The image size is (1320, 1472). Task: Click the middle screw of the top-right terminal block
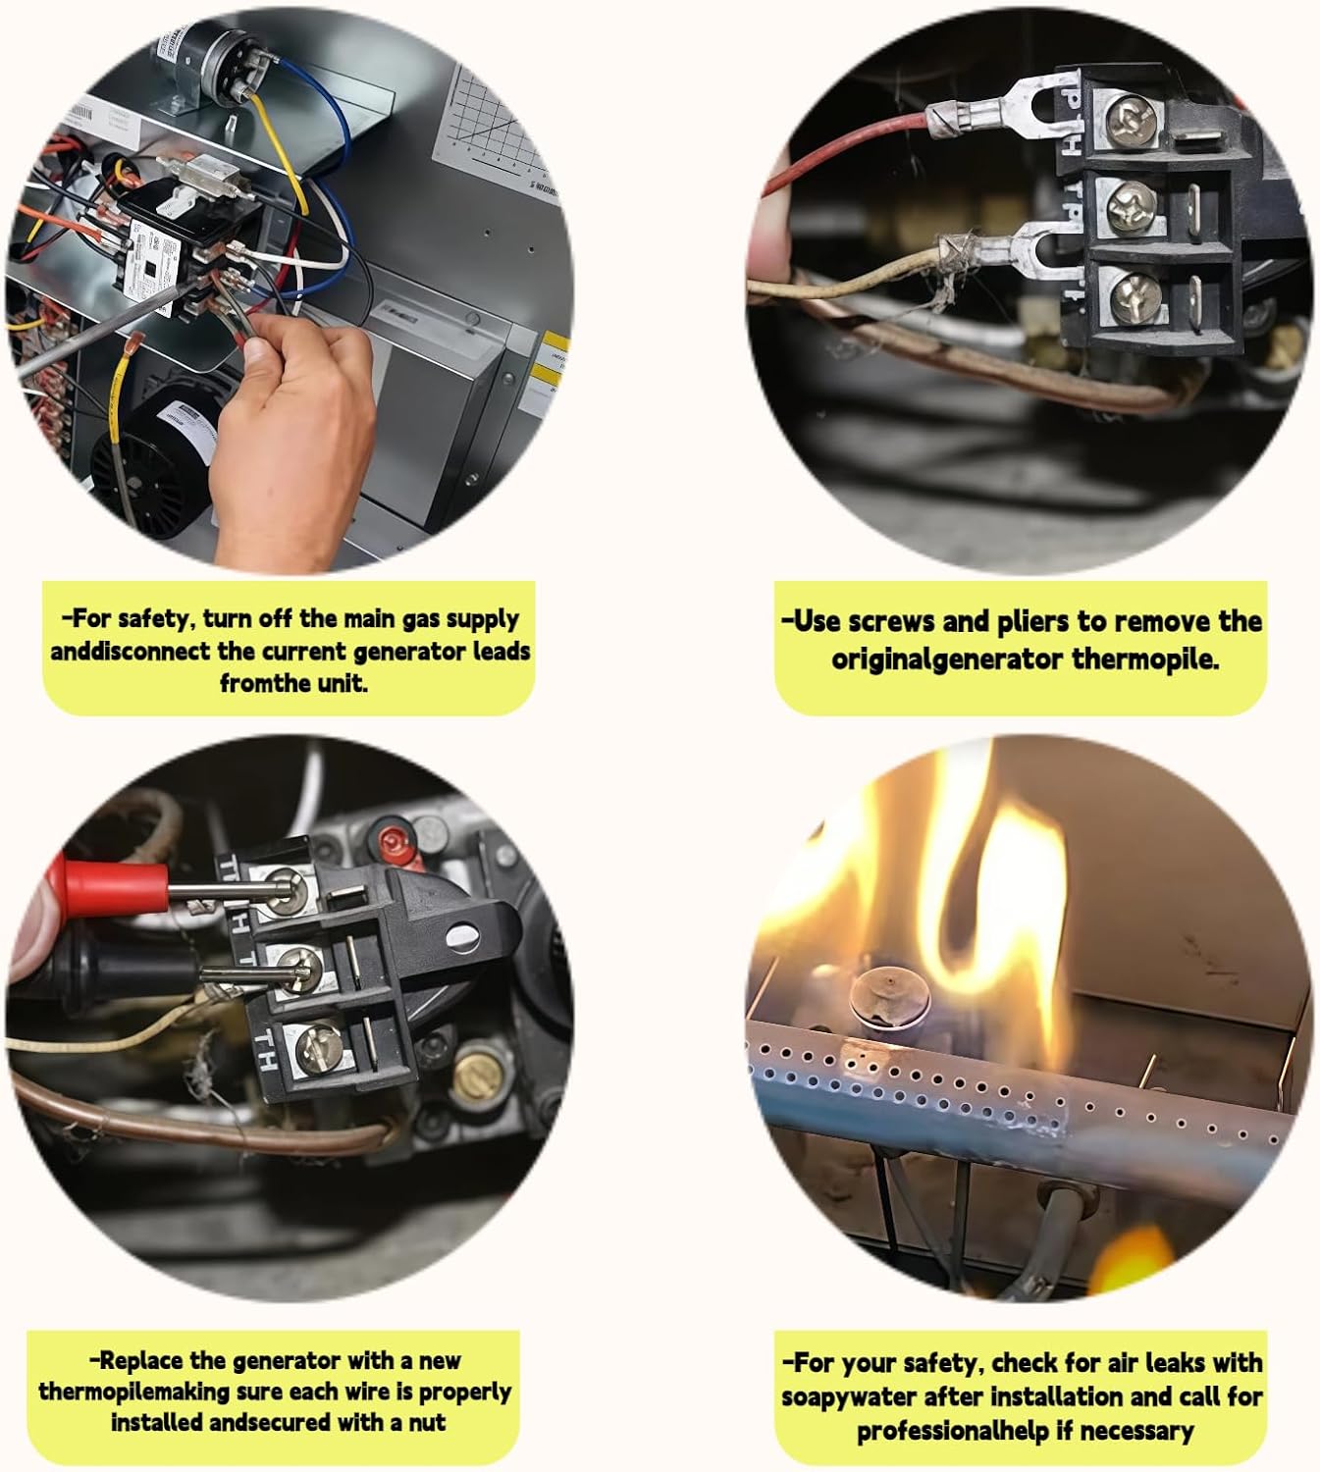tap(1131, 206)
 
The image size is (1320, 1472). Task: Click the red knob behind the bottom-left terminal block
tap(393, 841)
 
